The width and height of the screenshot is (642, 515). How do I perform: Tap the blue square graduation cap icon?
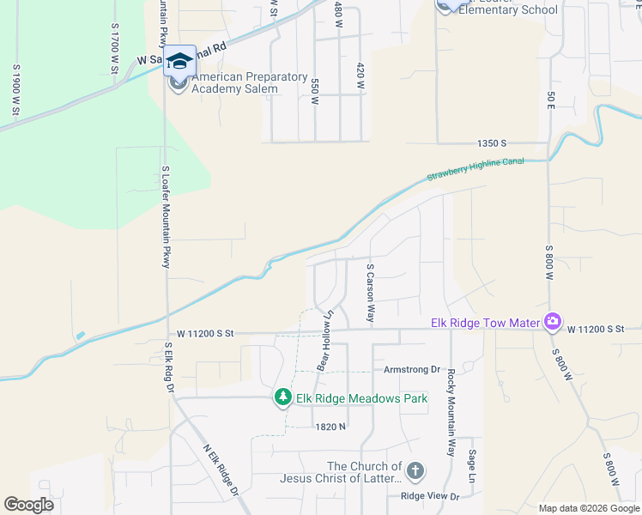tap(180, 61)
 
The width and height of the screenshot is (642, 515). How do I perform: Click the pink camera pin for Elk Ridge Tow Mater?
tap(552, 322)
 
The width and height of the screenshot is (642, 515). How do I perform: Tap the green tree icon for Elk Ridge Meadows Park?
tap(282, 397)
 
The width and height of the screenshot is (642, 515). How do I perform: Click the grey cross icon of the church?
tap(415, 470)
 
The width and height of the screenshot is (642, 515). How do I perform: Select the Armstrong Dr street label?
tap(411, 369)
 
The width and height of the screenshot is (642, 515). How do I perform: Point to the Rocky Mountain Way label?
tap(449, 412)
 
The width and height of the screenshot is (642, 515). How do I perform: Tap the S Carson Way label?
tap(371, 293)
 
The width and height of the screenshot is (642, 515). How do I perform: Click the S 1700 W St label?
tap(113, 47)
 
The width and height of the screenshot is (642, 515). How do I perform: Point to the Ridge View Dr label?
tap(430, 496)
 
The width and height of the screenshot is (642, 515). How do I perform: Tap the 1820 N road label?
tap(330, 426)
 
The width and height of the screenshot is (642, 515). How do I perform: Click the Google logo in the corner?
tap(29, 505)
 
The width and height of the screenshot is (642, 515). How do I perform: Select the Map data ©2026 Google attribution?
tap(589, 508)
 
